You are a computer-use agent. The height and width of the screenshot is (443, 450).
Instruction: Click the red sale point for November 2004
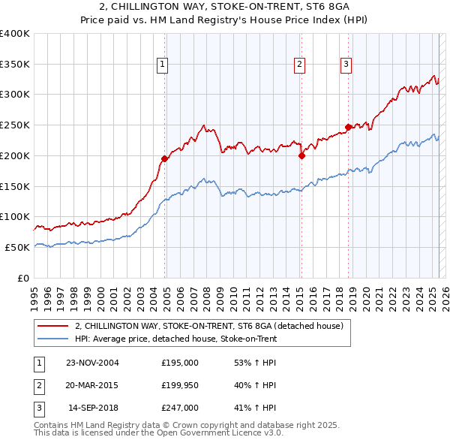(164, 158)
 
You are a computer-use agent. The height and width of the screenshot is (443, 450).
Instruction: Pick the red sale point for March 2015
(301, 156)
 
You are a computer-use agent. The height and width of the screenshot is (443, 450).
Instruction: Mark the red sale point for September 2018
(348, 127)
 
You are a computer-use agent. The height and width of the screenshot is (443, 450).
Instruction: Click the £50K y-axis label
(18, 247)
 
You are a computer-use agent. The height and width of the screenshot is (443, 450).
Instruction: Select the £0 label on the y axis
(24, 278)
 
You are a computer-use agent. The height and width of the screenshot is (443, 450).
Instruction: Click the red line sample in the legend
(53, 326)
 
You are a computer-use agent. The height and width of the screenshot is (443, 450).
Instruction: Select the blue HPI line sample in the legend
(53, 339)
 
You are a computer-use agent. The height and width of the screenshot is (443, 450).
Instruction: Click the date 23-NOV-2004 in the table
(92, 362)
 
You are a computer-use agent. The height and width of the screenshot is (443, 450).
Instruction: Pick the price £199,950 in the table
(180, 385)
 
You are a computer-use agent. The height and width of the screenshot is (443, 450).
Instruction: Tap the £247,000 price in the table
(180, 408)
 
